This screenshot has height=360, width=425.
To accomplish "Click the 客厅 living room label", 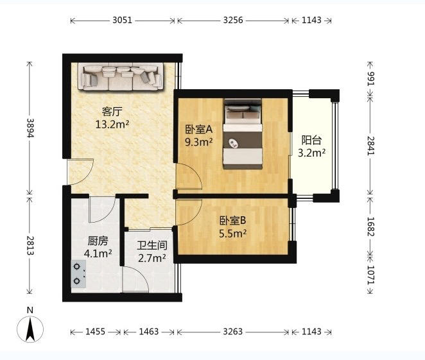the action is click(112, 111).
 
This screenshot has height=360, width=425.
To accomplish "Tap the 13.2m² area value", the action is click(112, 124).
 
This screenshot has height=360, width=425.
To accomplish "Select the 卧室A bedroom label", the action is click(198, 130).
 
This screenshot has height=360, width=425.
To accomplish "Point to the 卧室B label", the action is click(232, 221).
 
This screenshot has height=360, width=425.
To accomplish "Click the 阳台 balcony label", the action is click(312, 140).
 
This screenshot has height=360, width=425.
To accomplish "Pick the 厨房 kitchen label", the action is click(98, 241).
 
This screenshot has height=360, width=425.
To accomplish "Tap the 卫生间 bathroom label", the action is click(152, 245).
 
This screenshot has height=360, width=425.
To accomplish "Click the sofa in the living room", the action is click(121, 76).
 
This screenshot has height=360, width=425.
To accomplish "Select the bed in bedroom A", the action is click(243, 134).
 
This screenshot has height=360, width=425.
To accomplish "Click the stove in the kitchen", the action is click(78, 274).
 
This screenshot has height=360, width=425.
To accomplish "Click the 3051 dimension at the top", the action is click(122, 20).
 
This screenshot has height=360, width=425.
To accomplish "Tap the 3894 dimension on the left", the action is click(30, 128).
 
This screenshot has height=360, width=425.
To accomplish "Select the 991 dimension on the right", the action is click(370, 79).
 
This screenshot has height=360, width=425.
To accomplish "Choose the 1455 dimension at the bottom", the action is click(95, 332).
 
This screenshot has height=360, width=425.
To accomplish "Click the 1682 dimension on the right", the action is click(370, 227).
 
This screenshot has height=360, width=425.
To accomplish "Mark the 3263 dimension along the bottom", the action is click(233, 332).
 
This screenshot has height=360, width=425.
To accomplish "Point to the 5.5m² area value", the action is click(233, 233).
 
